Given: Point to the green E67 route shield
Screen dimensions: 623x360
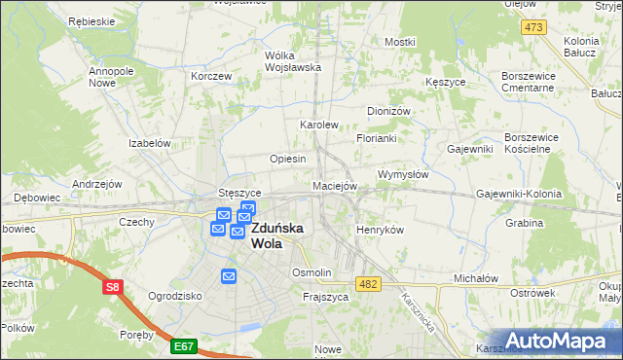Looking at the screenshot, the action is [x=183, y=344].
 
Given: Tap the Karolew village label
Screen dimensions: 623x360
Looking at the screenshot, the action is [x=318, y=126].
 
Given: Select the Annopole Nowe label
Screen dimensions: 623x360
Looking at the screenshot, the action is [x=110, y=78].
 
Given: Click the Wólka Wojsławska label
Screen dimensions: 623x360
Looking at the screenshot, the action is [x=293, y=61].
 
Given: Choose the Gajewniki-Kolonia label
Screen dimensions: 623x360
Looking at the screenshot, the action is [x=519, y=194].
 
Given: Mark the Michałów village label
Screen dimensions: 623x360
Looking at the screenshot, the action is [x=476, y=278].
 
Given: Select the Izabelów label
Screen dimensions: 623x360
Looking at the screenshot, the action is [x=150, y=143].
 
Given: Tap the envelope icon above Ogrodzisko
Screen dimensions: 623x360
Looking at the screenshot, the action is [x=229, y=276].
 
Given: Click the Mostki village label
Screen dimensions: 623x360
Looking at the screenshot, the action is [x=399, y=42].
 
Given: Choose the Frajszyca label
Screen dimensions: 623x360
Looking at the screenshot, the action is [x=325, y=296].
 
